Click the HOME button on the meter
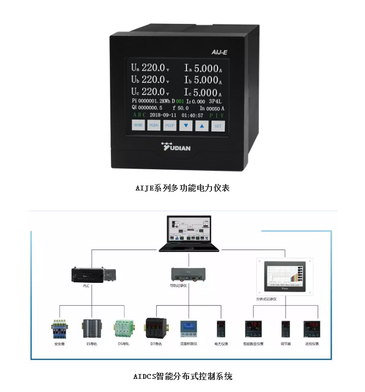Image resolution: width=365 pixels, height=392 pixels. (138, 126)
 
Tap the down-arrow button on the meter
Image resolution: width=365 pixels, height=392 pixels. (186, 126)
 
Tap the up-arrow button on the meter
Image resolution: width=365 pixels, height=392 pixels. (202, 126)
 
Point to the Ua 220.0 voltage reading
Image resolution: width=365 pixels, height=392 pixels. (150, 68)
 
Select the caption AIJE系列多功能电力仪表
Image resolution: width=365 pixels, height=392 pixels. (182, 188)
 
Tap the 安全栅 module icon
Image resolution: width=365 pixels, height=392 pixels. (60, 329)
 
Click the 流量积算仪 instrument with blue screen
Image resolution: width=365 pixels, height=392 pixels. (188, 329)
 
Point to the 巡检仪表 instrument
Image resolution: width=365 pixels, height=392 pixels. (312, 329)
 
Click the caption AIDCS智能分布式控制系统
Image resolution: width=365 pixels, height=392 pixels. (182, 377)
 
